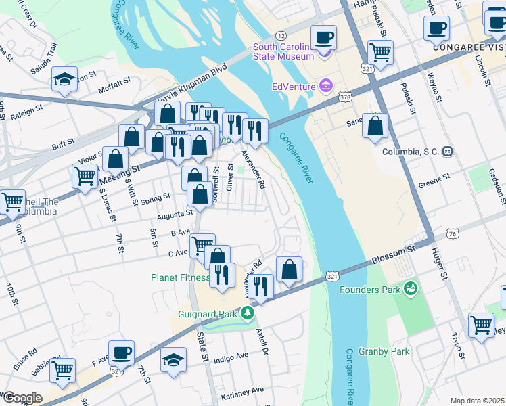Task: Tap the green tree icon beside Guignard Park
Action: point(248,313)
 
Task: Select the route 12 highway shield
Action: point(281,35)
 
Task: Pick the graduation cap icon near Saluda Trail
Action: point(65,78)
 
